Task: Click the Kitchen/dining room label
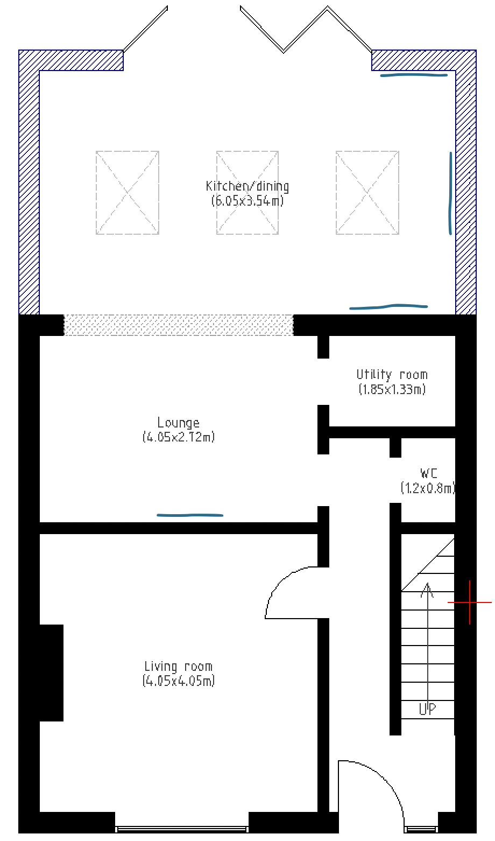247,186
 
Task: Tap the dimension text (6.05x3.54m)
247,201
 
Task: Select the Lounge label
178,423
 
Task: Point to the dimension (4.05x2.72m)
179,437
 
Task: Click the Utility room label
392,375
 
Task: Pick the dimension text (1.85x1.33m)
392,389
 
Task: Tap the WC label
429,473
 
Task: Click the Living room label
179,667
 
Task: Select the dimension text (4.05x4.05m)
179,681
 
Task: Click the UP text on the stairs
427,709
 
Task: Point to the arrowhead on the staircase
427,590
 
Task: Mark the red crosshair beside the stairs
470,602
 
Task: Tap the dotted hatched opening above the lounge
179,325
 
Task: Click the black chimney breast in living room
52,673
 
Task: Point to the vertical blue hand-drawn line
450,193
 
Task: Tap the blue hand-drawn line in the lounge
190,515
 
